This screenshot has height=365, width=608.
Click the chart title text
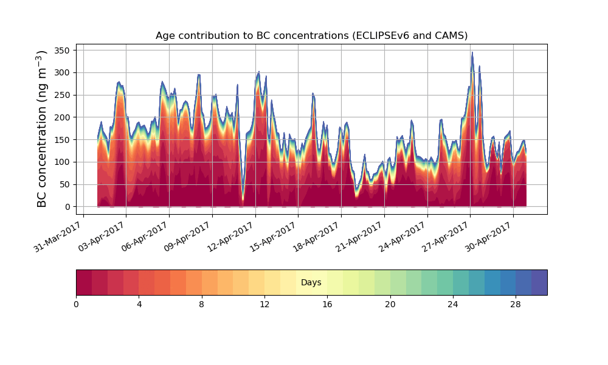pyautogui.click(x=311, y=35)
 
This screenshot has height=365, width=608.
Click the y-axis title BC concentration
pyautogui.click(x=42, y=128)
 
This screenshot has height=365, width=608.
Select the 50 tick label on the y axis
pyautogui.click(x=66, y=184)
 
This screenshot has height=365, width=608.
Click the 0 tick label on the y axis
pyautogui.click(x=69, y=207)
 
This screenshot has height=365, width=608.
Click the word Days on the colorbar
pyautogui.click(x=311, y=283)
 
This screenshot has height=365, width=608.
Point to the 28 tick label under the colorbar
pyautogui.click(x=516, y=304)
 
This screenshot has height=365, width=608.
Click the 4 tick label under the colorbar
pyautogui.click(x=139, y=304)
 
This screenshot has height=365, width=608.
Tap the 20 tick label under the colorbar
pyautogui.click(x=390, y=304)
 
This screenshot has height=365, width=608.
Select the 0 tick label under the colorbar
pyautogui.click(x=76, y=304)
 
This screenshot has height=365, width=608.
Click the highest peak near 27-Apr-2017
pyautogui.click(x=472, y=53)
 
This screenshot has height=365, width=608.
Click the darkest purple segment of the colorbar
pyautogui.click(x=539, y=283)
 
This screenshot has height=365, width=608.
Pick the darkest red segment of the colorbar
pyautogui.click(x=84, y=283)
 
